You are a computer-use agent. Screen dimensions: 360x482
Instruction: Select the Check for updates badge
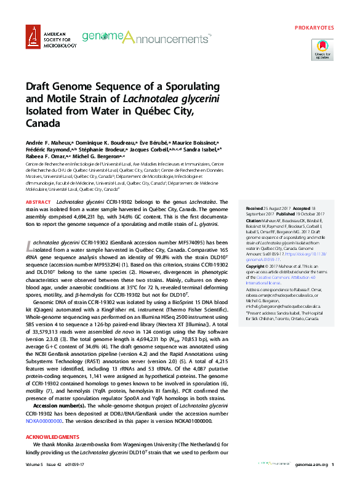(x=322, y=49)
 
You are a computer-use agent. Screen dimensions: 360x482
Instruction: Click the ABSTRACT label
(x=38, y=202)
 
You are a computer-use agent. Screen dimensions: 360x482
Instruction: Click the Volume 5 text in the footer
(x=34, y=464)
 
